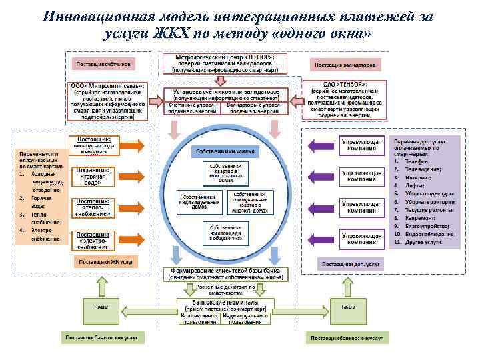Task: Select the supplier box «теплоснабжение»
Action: click(93, 207)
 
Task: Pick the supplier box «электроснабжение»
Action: click(93, 239)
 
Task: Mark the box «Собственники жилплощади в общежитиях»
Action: click(226, 230)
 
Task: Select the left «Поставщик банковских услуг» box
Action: click(101, 337)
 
